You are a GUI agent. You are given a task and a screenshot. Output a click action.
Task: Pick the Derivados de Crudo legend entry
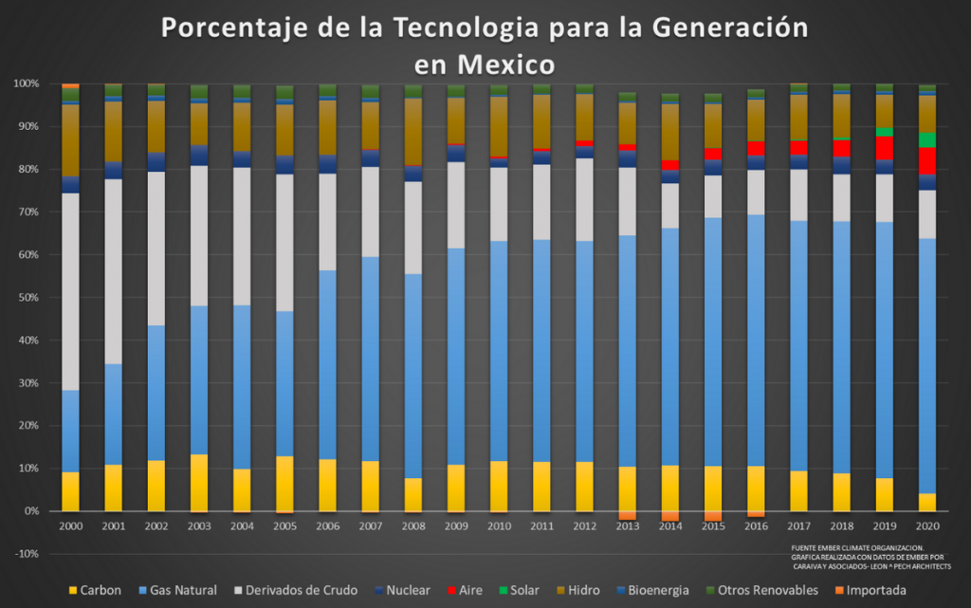coord(300,590)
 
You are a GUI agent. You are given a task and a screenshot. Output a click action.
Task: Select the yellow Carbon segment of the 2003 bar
coord(199,483)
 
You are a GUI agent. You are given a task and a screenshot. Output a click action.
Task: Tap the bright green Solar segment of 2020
coord(927,139)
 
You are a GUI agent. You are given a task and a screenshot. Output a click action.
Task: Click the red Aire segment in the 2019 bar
coord(885,148)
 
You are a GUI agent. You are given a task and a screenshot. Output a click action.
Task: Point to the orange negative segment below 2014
coord(670,516)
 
